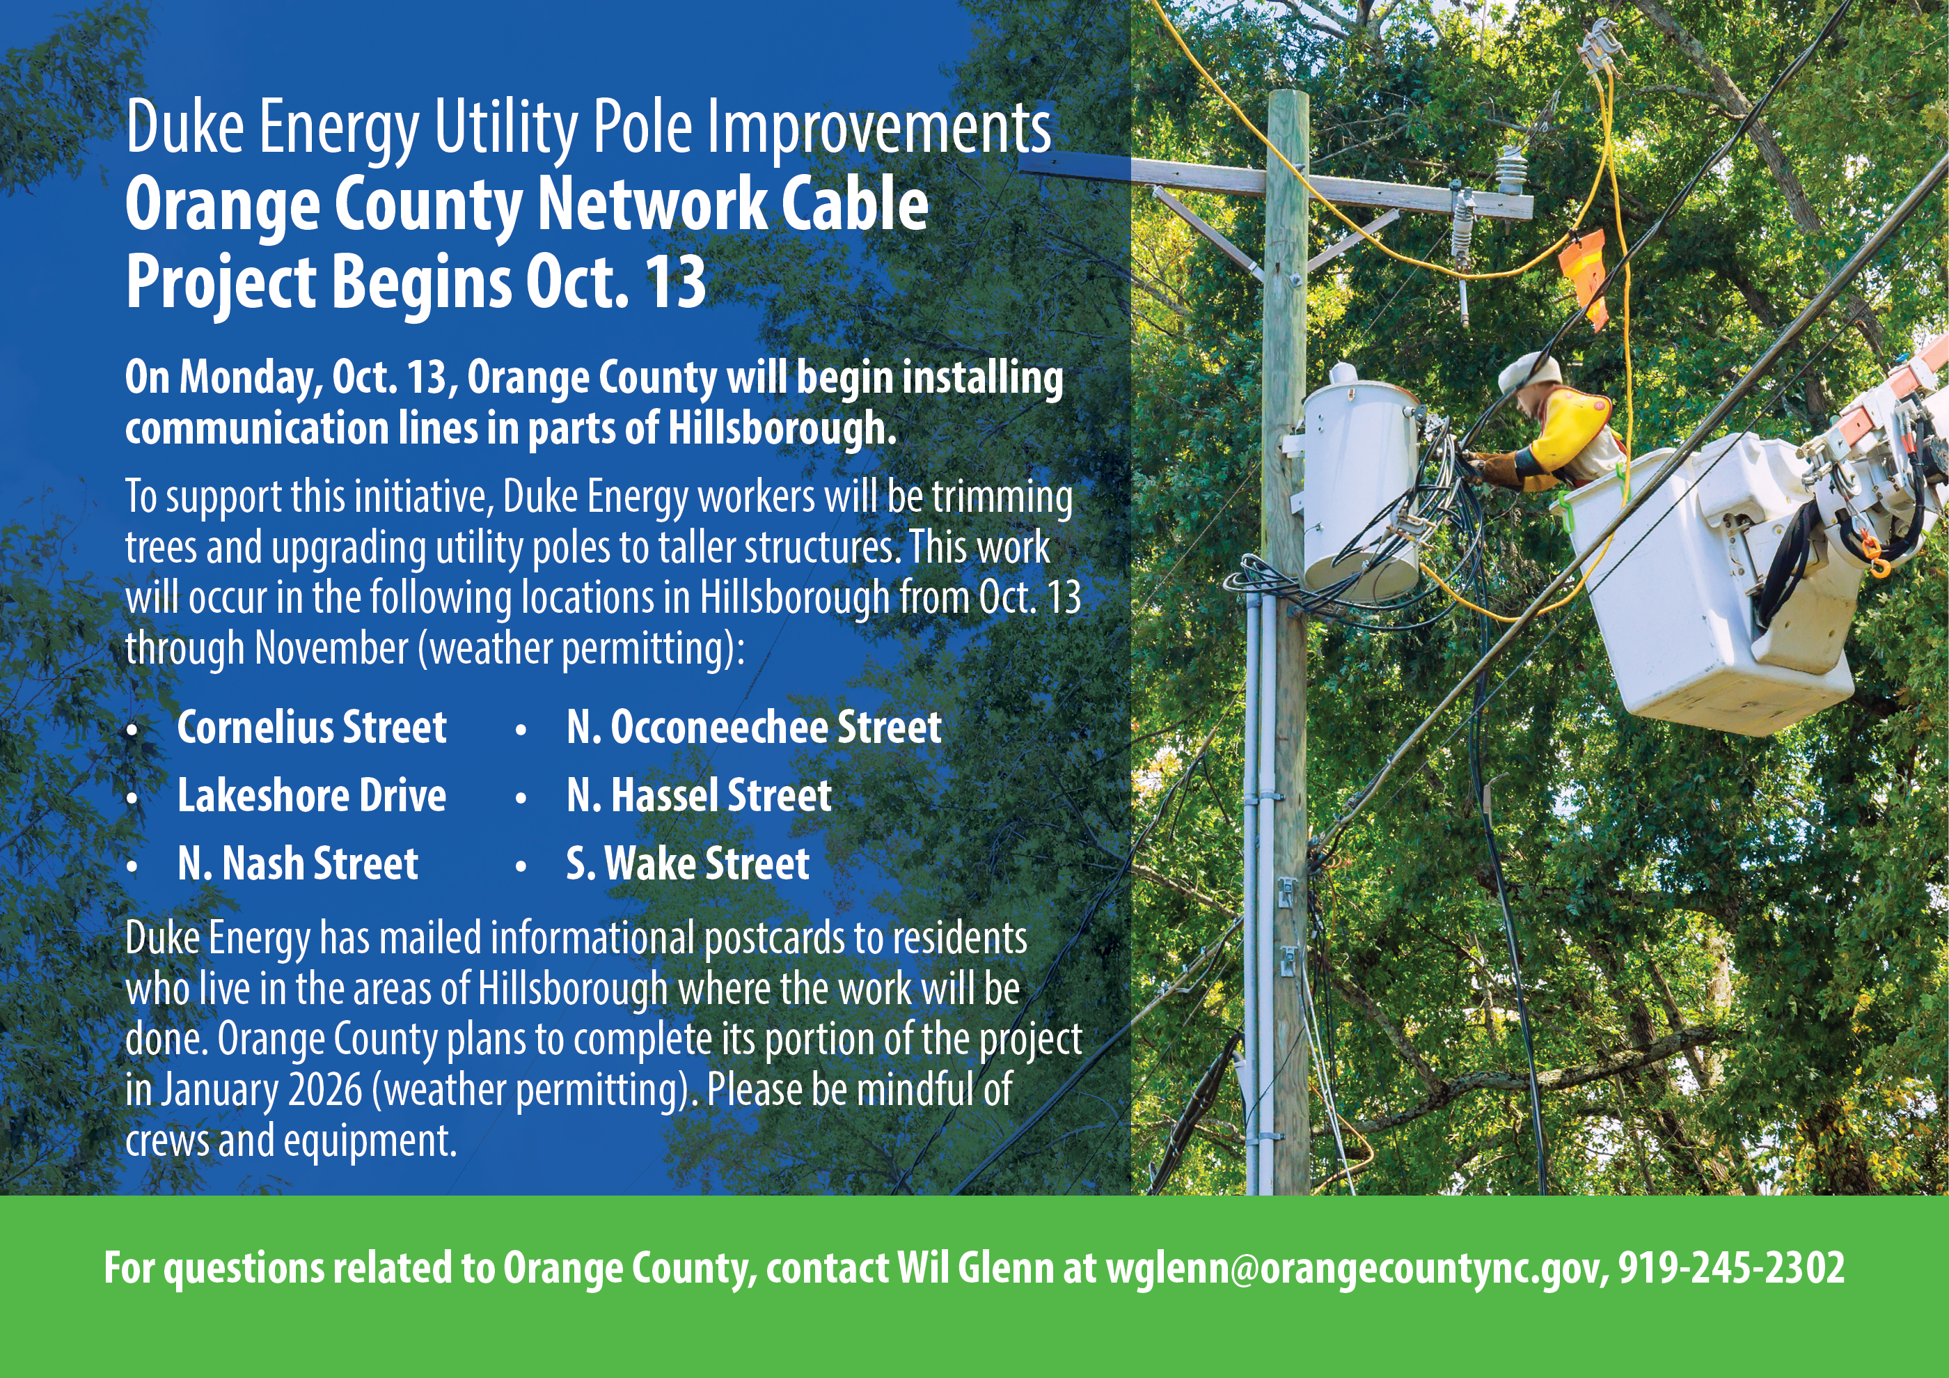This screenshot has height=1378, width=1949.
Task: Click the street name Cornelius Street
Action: (x=312, y=728)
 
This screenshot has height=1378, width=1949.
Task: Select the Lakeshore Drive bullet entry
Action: (x=312, y=796)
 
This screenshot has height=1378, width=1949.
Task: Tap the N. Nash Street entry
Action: (x=298, y=863)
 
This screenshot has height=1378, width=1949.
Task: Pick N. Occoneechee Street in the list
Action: (x=754, y=728)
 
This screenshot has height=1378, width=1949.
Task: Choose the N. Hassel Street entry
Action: (x=699, y=796)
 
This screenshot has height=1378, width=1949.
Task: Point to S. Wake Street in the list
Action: (x=688, y=863)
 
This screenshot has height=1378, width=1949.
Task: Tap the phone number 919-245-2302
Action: (x=1732, y=1267)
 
